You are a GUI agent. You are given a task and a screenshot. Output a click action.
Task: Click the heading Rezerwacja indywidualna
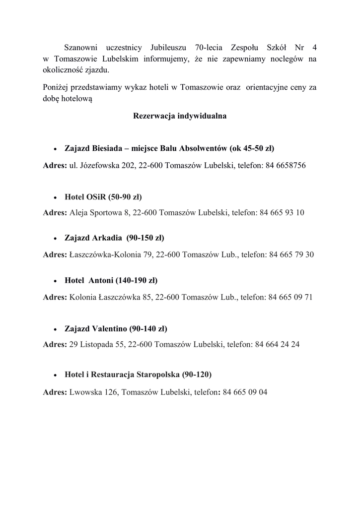[180, 117]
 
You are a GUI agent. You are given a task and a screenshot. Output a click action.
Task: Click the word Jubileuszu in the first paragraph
[165, 48]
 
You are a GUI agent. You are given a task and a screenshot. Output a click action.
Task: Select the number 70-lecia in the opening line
[209, 48]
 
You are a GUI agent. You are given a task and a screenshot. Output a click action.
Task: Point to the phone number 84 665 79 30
[291, 255]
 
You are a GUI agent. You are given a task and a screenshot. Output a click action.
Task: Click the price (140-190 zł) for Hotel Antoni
[136, 280]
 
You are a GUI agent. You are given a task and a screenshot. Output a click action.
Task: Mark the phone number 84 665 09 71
[290, 298]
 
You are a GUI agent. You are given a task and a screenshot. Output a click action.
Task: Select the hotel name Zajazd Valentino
[96, 328]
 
